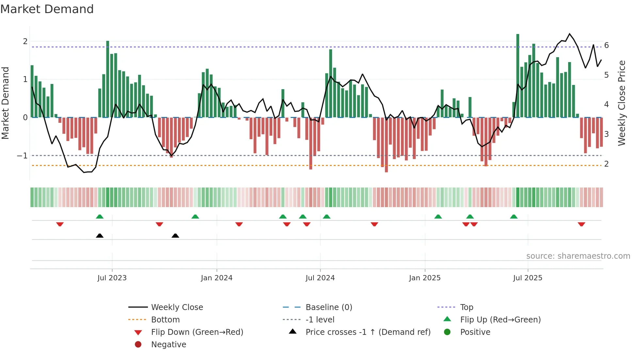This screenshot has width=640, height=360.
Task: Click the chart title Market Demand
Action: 47,9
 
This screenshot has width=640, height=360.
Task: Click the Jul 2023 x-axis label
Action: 112,278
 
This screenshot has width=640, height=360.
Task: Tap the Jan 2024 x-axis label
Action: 216,278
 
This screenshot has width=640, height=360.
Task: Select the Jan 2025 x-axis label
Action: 424,278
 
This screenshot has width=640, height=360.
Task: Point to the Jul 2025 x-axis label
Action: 527,278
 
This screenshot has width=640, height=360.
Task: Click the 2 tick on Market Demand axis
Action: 25,41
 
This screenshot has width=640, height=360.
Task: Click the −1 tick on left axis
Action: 22,156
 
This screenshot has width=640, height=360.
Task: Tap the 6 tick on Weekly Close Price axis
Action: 606,45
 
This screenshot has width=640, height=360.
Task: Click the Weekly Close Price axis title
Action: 622,103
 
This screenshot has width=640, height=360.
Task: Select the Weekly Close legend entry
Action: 177,307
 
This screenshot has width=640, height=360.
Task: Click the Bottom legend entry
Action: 165,320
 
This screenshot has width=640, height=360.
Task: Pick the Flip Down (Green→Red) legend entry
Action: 197,332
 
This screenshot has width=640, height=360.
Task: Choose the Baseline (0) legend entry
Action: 328,307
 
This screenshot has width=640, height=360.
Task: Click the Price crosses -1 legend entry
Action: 368,332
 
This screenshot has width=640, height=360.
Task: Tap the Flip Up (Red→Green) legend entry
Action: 500,320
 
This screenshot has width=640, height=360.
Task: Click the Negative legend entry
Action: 168,345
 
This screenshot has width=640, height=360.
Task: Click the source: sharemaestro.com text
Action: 578,256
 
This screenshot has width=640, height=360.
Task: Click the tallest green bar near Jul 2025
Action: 518,75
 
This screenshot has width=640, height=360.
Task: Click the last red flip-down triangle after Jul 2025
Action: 581,224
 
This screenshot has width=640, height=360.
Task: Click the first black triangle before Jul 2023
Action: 100,236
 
